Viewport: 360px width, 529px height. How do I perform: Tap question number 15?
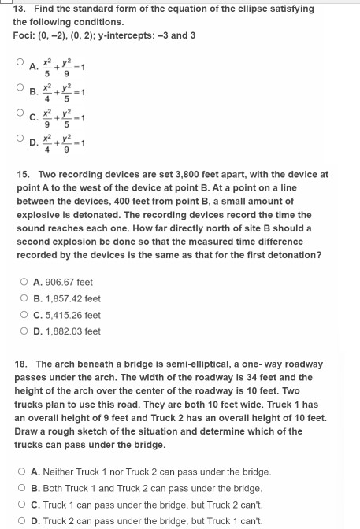(x=22, y=174)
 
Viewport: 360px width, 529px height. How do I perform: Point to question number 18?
(x=22, y=364)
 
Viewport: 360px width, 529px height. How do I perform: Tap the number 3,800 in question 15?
(x=174, y=174)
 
